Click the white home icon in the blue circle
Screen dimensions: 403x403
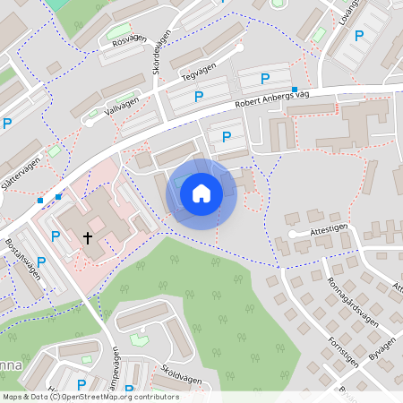click(x=201, y=193)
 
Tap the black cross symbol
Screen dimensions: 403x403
click(x=88, y=237)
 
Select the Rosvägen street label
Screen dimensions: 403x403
click(x=130, y=39)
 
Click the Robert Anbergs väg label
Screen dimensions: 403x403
click(x=272, y=99)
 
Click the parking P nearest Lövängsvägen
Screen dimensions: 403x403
click(x=359, y=36)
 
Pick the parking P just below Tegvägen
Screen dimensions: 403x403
click(x=199, y=95)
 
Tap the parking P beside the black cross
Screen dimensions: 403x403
click(x=56, y=236)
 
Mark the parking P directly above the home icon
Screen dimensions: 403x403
click(x=227, y=137)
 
